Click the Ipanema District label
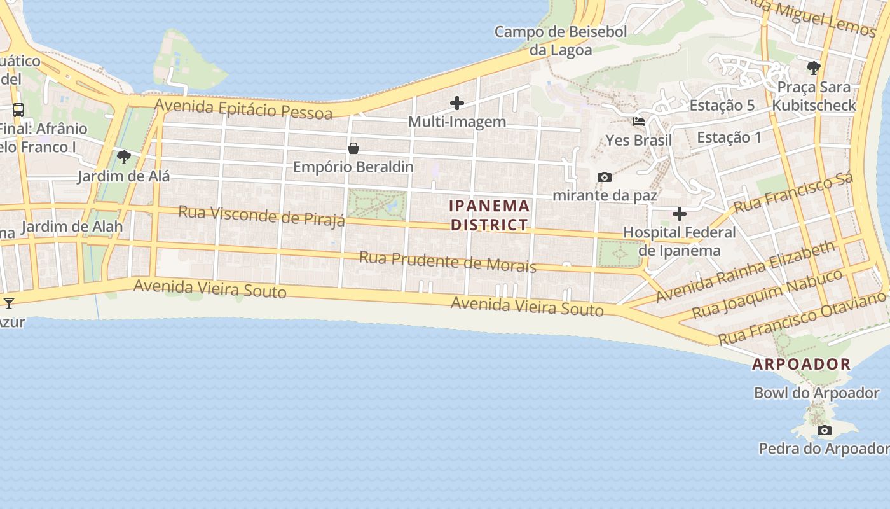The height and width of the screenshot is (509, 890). pos(489,215)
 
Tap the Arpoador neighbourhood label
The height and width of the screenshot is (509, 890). pos(801,364)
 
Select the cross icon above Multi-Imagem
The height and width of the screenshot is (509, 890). pos(457,102)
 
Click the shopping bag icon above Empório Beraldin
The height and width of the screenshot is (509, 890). pos(353,148)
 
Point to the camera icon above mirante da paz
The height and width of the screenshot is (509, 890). pos(605,177)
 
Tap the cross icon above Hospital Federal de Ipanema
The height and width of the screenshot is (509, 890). pos(680,214)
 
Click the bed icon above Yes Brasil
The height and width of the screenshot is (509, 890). pos(639,122)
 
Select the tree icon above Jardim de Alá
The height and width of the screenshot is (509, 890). pos(124,157)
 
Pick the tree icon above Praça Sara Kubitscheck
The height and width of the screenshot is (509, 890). pos(813,67)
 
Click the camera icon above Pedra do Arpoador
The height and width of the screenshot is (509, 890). pos(824,431)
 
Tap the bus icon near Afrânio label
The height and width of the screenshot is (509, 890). pos(18,109)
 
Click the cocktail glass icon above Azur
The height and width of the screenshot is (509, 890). pos(9,303)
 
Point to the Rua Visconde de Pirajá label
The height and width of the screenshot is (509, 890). pos(261,215)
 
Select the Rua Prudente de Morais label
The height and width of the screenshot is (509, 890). pos(448,261)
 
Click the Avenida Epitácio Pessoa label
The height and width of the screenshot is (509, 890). pos(243,109)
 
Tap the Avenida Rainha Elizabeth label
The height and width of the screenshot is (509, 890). pos(745,271)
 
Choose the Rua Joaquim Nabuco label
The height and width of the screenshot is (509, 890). pos(767,294)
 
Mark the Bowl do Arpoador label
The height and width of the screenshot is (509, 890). pos(816,393)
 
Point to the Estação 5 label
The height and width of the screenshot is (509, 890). pos(722,106)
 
